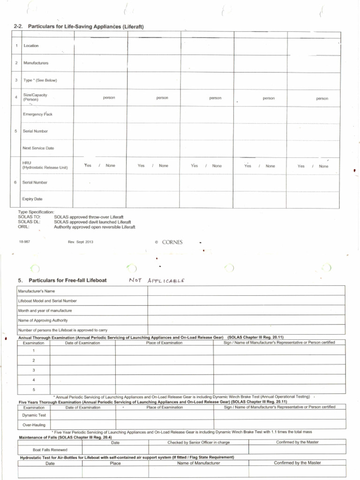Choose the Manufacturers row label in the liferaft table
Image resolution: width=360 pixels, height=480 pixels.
(x=36, y=63)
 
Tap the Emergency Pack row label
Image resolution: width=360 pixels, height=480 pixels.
(x=37, y=114)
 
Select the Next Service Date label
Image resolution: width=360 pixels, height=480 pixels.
(x=38, y=148)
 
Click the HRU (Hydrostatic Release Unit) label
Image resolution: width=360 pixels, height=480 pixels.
(x=45, y=165)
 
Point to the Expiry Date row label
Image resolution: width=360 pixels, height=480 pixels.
(x=32, y=199)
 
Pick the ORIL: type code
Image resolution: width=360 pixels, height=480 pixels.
(x=24, y=227)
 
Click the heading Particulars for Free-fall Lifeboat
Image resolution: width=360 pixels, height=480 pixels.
(x=67, y=280)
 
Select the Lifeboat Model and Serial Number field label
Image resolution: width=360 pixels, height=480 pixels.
(x=47, y=301)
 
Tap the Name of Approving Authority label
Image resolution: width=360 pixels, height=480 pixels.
(x=43, y=320)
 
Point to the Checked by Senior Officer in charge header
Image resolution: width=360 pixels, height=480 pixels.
(x=198, y=442)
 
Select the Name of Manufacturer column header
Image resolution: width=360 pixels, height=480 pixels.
(x=198, y=463)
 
